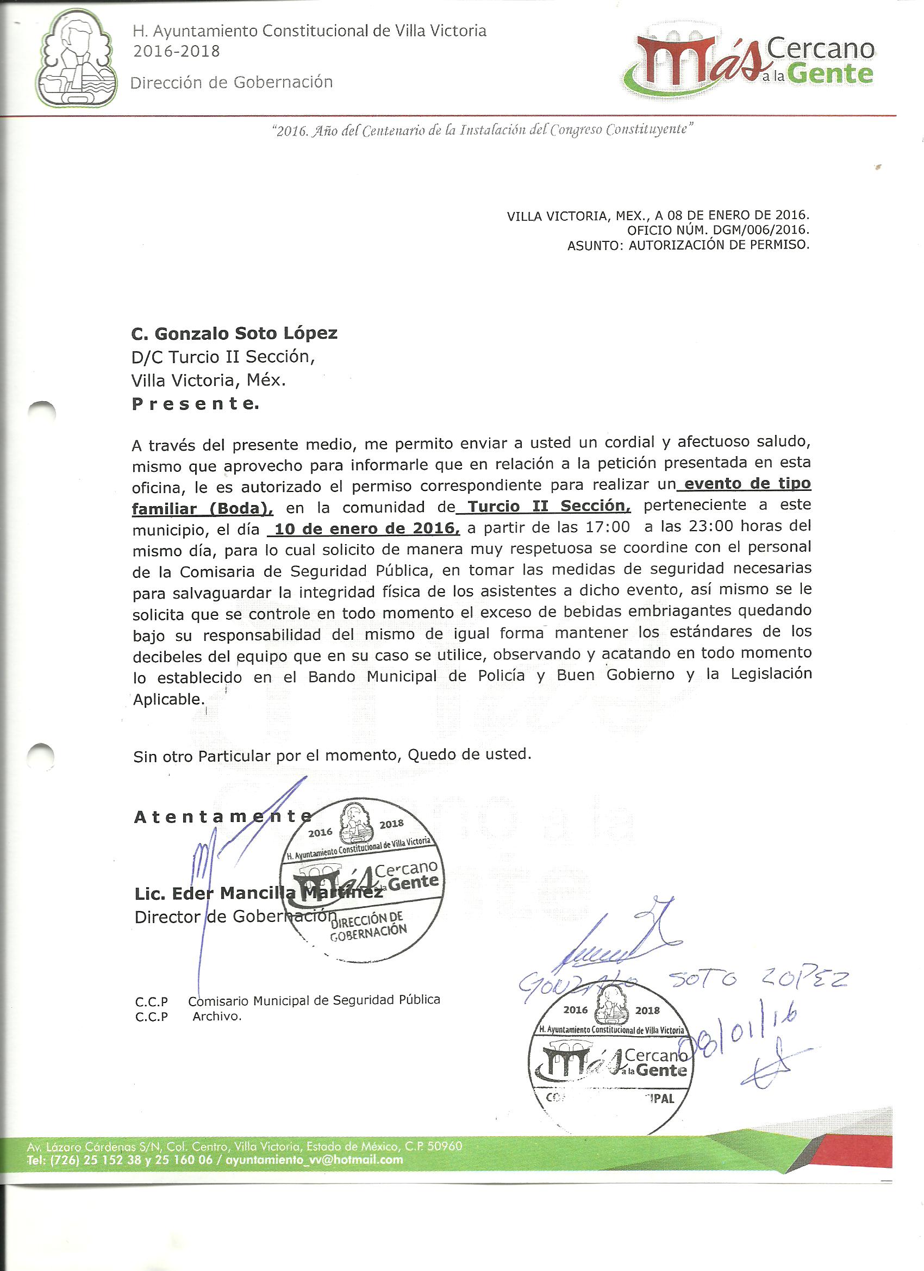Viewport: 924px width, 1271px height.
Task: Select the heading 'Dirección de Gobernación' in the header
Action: pyautogui.click(x=232, y=83)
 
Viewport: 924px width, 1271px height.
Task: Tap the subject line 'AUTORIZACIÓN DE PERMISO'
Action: pyautogui.click(x=719, y=245)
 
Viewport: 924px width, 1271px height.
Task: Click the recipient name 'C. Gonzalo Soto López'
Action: pyautogui.click(x=234, y=333)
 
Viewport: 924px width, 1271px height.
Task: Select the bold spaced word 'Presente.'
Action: pyautogui.click(x=196, y=403)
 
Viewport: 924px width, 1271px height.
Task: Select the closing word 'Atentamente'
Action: pyautogui.click(x=222, y=817)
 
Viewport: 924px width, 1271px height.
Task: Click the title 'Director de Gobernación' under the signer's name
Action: pyautogui.click(x=235, y=918)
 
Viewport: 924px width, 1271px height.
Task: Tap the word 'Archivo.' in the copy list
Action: pyautogui.click(x=217, y=1016)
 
